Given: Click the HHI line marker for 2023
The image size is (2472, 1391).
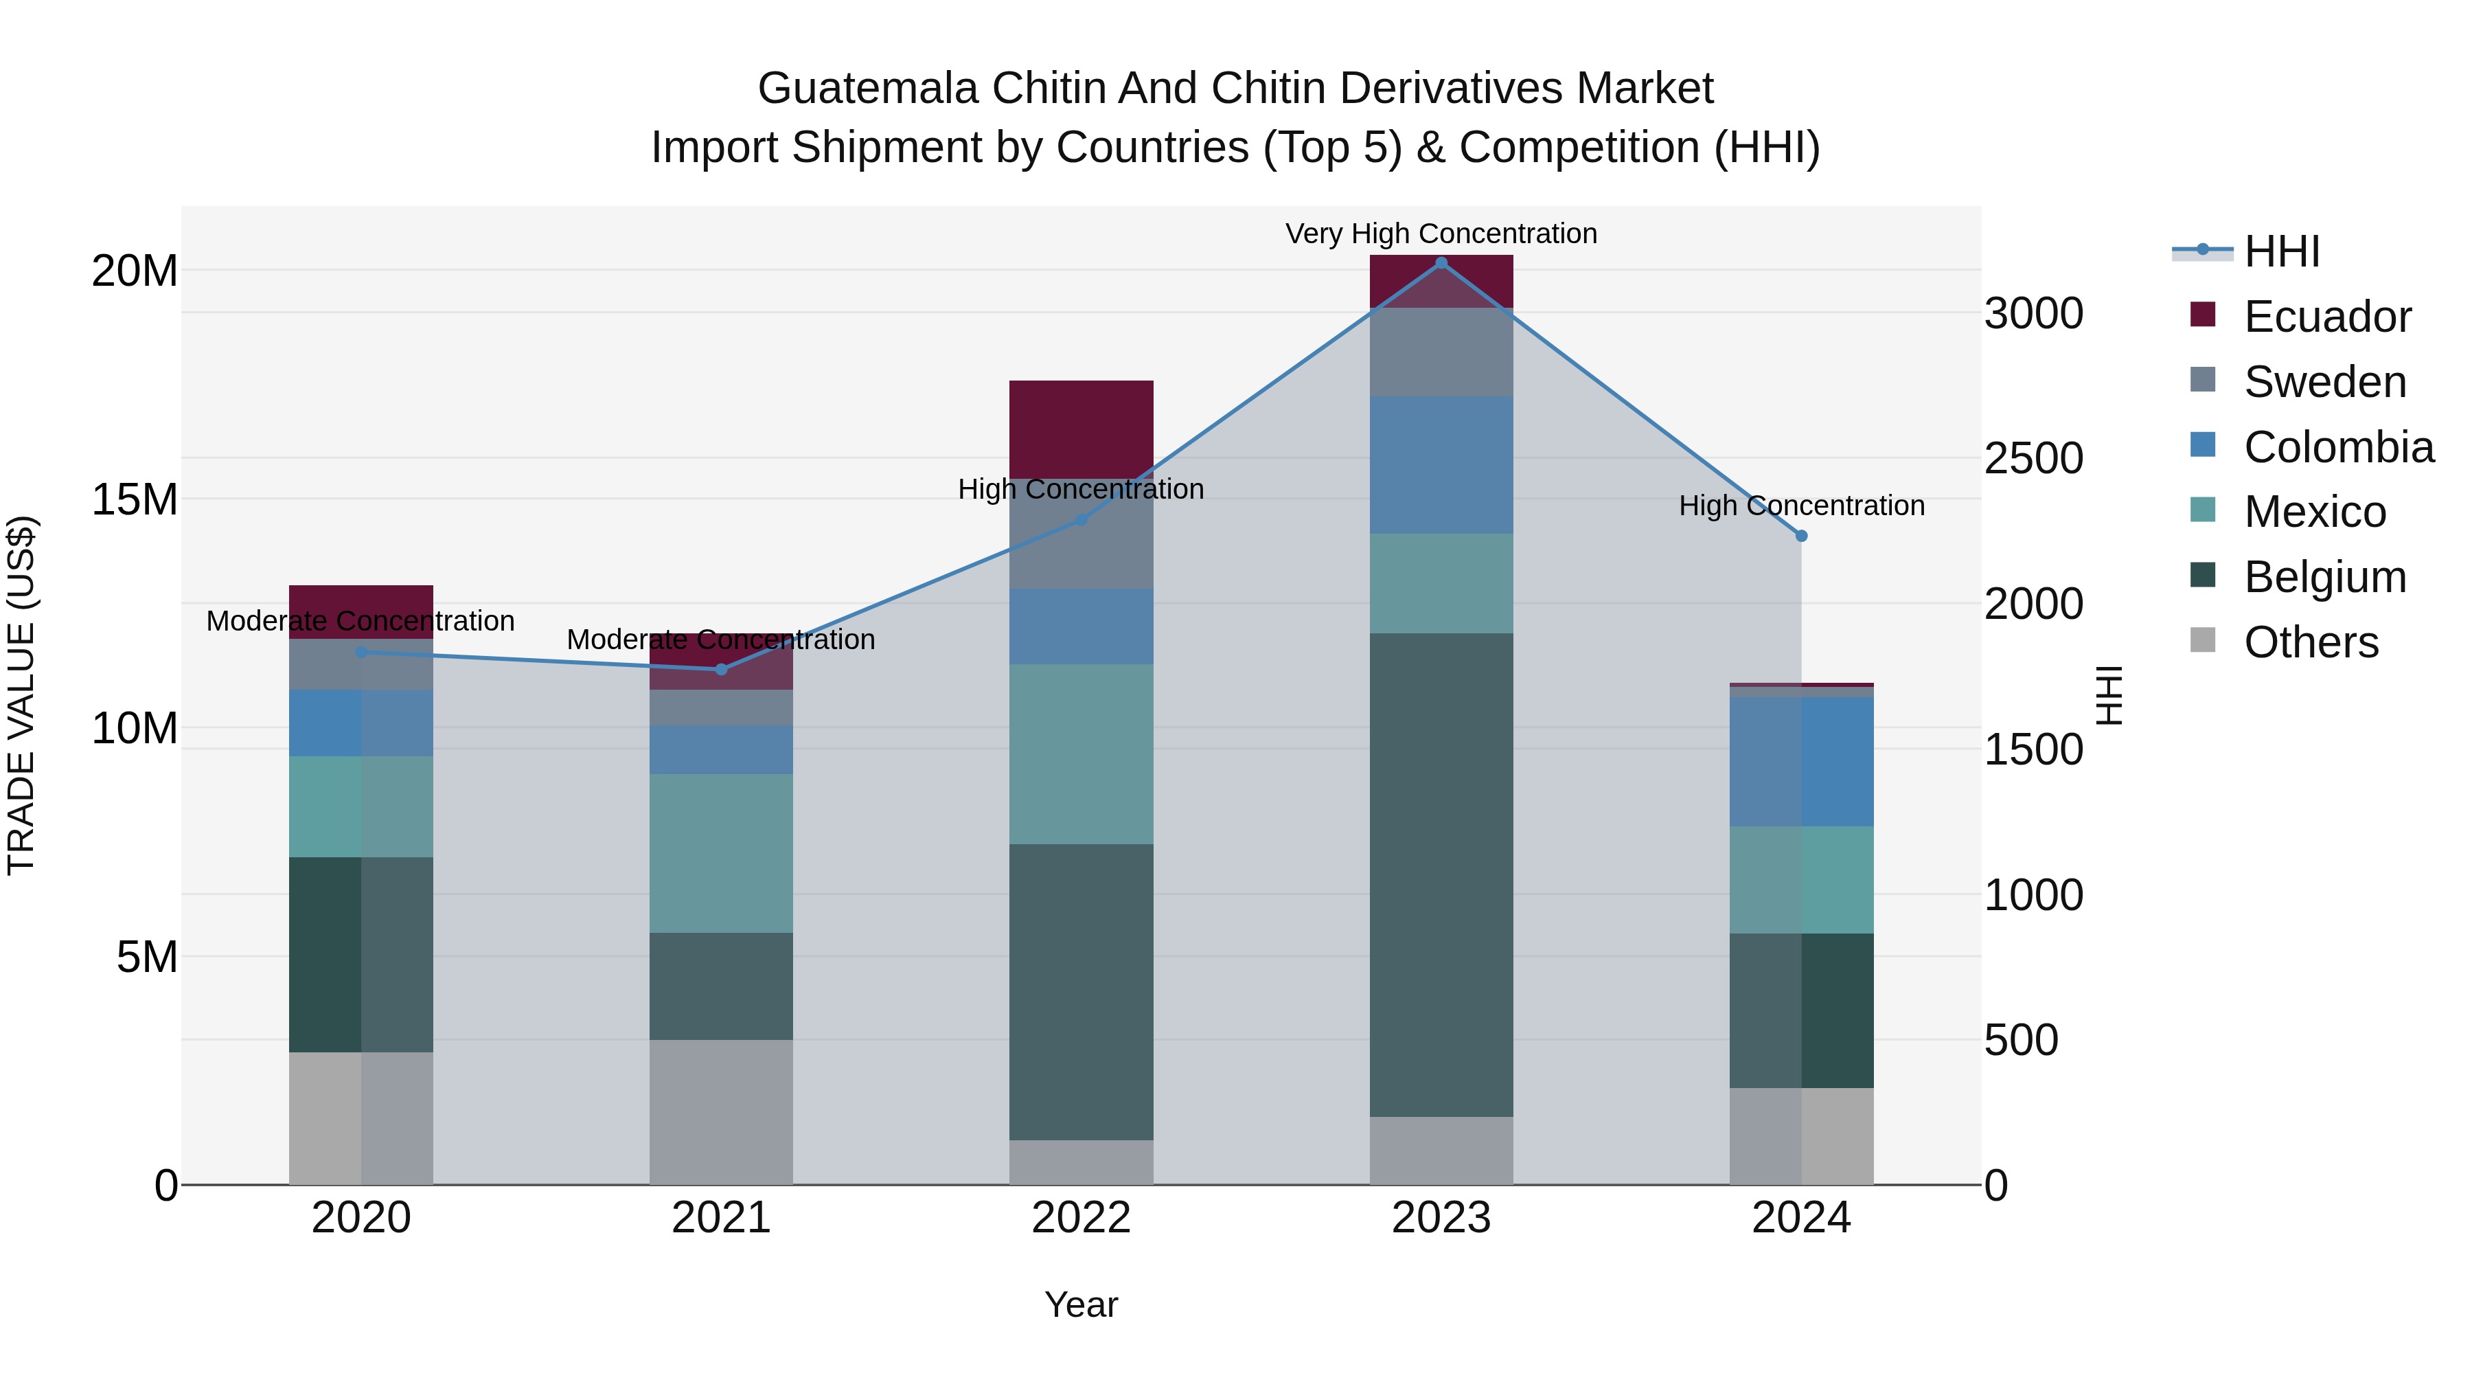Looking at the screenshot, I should pyautogui.click(x=1441, y=262).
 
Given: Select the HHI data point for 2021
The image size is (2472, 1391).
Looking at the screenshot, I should pyautogui.click(x=722, y=669).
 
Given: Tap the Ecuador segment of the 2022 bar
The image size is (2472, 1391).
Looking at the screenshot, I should pyautogui.click(x=1081, y=429).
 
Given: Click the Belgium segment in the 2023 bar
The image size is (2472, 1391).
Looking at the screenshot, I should pyautogui.click(x=1441, y=874).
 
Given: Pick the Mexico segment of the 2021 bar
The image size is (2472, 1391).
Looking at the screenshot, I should pyautogui.click(x=721, y=852).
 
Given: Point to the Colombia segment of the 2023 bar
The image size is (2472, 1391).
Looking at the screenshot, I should pyautogui.click(x=1441, y=464).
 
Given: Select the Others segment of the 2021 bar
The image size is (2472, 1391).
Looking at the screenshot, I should pyautogui.click(x=721, y=1111).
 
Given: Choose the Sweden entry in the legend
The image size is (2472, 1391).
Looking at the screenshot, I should pyautogui.click(x=2324, y=382).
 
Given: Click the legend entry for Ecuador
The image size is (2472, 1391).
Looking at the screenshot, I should pyautogui.click(x=2326, y=317).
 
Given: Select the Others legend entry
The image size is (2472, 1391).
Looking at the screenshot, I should pyautogui.click(x=2310, y=642).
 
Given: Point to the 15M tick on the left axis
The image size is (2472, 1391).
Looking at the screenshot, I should pyautogui.click(x=135, y=500).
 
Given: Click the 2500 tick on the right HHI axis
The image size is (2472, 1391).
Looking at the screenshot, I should pyautogui.click(x=2033, y=458).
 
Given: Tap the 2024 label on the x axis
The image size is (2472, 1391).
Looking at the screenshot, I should pyautogui.click(x=1800, y=1218).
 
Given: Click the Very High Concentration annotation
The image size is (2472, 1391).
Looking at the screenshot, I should pyautogui.click(x=1441, y=234).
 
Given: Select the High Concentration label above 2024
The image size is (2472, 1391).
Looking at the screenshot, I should pyautogui.click(x=1800, y=505).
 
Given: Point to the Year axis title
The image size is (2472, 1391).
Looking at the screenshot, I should pyautogui.click(x=1081, y=1304).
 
